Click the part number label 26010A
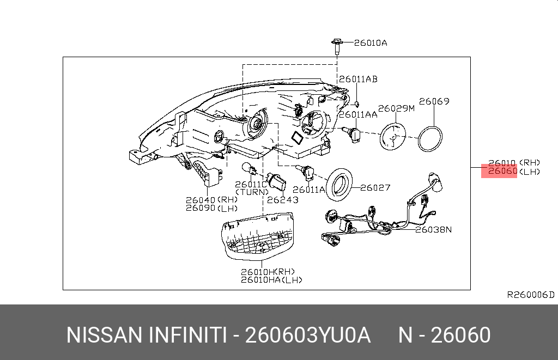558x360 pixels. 371,43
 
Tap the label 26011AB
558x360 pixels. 358,79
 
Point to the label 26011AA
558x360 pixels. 358,114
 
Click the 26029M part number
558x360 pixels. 397,108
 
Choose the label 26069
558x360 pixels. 434,101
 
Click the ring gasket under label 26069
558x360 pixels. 429,138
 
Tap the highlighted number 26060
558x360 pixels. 502,172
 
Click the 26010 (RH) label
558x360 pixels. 514,162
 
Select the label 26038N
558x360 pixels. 434,229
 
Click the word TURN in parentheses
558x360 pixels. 251,192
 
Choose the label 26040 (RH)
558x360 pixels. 211,200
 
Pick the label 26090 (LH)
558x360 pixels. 211,208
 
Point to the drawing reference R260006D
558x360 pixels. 530,295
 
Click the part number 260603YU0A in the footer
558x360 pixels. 308,335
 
